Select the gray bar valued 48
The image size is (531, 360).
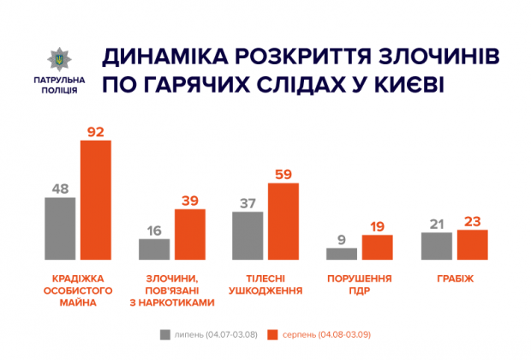pos(60,228)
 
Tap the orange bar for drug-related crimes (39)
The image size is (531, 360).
pos(190,234)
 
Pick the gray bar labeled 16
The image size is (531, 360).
pos(154,249)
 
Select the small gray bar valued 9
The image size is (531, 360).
pos(342,253)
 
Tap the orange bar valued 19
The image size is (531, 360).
pos(378,247)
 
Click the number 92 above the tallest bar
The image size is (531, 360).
pos(96,131)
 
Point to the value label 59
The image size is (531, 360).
pos(283,174)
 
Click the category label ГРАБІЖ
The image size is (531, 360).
pos(454,279)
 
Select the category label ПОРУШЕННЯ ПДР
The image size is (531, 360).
pos(360,285)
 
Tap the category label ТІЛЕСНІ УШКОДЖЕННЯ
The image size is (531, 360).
pos(265,285)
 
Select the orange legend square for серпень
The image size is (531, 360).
pos(274,334)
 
